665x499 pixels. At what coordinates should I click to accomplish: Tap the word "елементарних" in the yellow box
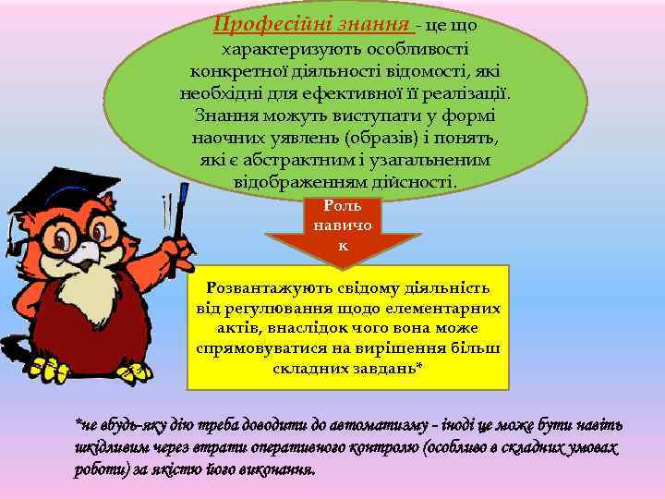click(451, 309)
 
